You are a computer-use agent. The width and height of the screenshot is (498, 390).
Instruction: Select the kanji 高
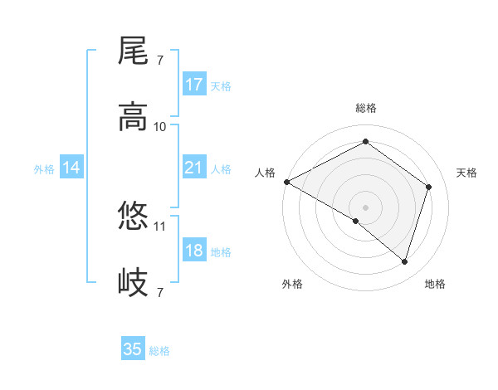(x=134, y=117)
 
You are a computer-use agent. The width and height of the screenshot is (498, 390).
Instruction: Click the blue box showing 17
(x=194, y=85)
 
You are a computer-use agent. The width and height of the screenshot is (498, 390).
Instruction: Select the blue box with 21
(x=194, y=168)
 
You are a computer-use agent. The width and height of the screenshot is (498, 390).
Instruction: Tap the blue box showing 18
(x=194, y=251)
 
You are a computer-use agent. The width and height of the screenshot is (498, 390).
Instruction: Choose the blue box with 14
(x=71, y=168)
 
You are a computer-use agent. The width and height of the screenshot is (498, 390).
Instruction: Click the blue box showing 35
(x=133, y=349)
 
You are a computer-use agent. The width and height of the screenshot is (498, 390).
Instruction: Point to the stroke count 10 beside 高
(x=160, y=126)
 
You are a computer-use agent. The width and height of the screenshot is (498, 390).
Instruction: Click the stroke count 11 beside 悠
(x=160, y=225)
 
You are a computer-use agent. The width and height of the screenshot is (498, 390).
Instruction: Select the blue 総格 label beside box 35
(x=159, y=351)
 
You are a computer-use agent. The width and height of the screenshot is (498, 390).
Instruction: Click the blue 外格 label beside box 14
(x=44, y=169)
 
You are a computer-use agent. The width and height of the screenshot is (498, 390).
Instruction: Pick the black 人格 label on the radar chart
(x=266, y=173)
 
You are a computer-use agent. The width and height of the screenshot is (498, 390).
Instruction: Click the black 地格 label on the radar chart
(x=435, y=284)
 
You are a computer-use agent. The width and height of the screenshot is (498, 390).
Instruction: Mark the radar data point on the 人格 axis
(x=286, y=182)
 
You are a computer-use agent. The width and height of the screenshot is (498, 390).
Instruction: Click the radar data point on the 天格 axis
(x=428, y=187)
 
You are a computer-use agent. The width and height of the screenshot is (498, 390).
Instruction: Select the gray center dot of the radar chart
(x=365, y=207)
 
